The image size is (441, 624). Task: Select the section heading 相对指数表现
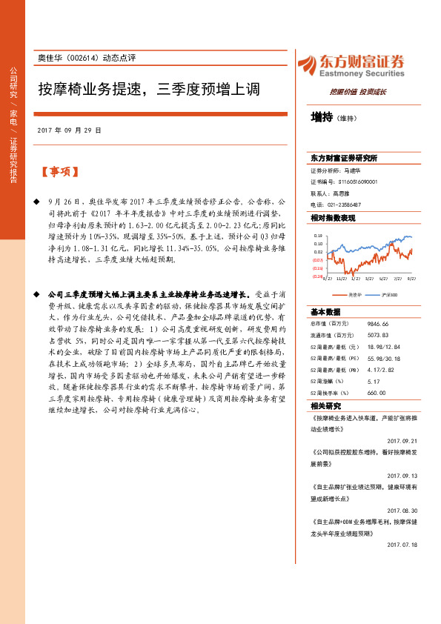[333, 219]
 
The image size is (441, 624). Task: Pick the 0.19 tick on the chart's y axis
[318, 235]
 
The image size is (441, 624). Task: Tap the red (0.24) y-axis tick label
[317, 276]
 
